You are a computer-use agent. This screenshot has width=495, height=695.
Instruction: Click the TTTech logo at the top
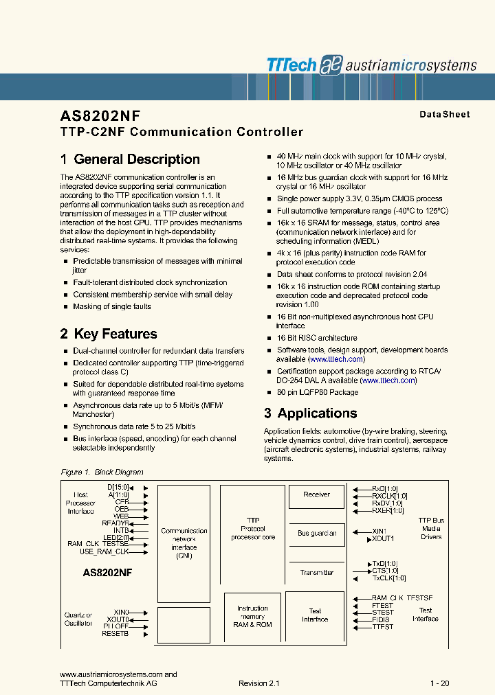(x=291, y=65)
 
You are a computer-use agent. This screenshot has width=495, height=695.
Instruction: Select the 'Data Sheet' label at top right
(x=445, y=115)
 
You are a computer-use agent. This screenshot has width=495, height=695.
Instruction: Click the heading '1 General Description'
(x=130, y=159)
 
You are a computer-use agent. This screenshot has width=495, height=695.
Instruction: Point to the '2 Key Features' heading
(x=109, y=334)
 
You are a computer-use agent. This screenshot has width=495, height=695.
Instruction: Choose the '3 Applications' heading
(x=310, y=413)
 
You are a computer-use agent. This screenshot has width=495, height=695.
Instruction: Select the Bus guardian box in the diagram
(x=316, y=533)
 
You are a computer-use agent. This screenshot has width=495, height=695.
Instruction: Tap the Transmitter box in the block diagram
(x=316, y=572)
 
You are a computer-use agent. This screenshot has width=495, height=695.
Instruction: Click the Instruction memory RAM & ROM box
(x=252, y=616)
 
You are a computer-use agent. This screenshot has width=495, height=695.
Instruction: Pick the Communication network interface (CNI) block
(x=184, y=543)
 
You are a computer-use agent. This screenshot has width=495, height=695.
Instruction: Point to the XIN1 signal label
(x=379, y=531)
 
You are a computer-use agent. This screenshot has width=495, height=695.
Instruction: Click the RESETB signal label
(x=115, y=633)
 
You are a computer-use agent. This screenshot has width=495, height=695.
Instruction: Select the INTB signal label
(x=121, y=529)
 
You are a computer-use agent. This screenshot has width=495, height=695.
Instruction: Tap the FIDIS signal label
(x=382, y=619)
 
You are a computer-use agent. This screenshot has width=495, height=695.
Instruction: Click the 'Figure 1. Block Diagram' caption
(x=102, y=472)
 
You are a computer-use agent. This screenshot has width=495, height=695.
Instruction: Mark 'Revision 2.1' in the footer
(x=259, y=683)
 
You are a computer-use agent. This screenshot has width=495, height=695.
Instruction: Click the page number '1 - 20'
(x=439, y=683)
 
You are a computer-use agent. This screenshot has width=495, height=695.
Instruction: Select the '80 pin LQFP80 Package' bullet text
(x=317, y=392)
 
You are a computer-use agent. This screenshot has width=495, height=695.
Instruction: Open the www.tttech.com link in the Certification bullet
(x=388, y=380)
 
